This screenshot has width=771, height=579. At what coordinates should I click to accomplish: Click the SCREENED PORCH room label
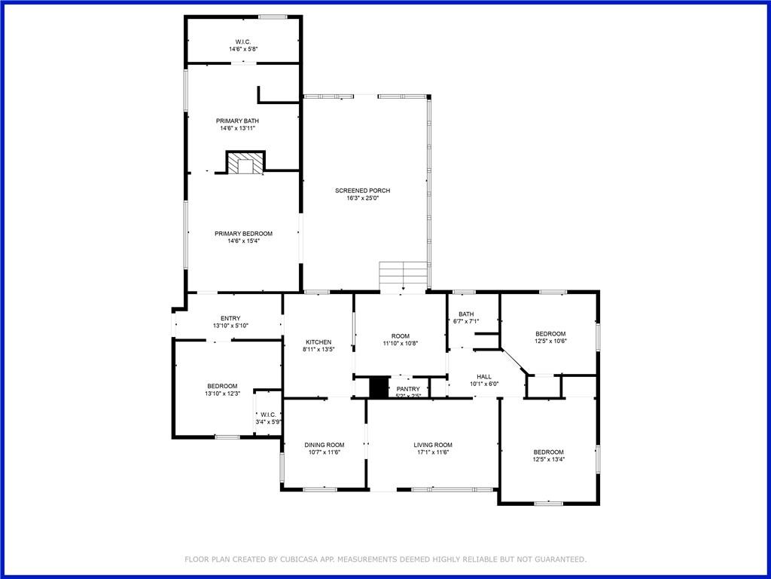pos(363,191)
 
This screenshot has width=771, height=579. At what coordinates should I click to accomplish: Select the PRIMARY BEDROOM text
pos(243,234)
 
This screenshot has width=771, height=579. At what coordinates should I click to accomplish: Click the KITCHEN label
pos(318,342)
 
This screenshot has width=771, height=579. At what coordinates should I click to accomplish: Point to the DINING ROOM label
pos(324,445)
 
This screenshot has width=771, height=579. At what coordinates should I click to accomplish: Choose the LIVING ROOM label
pos(433,445)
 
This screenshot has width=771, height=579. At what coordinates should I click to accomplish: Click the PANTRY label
pos(408,389)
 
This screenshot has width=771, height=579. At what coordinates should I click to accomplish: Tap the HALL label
pos(484,376)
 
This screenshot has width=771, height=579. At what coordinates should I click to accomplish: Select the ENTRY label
pos(230,318)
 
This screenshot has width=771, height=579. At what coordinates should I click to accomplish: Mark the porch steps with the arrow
pos(403,275)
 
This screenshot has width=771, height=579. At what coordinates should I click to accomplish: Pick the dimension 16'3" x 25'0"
pos(363,199)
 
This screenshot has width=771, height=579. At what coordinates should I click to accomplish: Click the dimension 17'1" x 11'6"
pos(433,453)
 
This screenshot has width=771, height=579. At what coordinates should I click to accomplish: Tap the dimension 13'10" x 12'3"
pos(222,394)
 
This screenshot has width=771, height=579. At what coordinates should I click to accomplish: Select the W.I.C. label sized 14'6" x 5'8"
pos(242,41)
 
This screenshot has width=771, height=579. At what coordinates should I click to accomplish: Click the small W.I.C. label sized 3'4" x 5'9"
pos(267,414)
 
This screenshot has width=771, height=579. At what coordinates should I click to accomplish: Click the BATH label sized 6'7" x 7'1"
pos(466,314)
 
